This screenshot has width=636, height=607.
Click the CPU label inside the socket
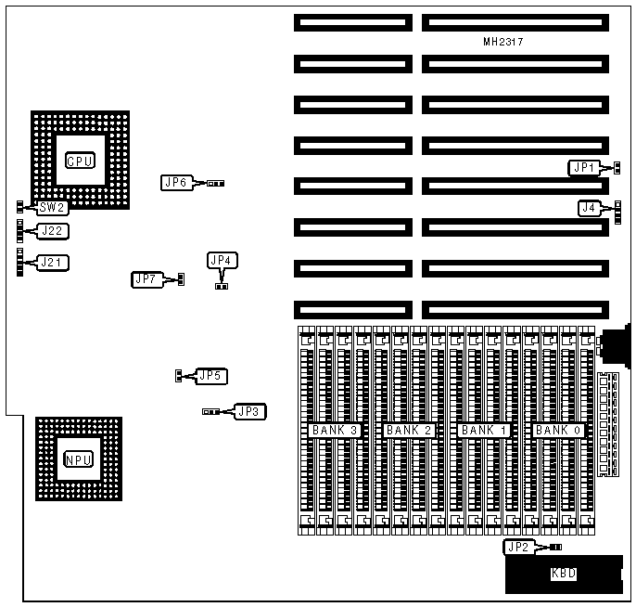[80, 161]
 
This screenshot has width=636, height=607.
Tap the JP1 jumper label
[583, 168]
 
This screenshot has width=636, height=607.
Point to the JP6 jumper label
[175, 183]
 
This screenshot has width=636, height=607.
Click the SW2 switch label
[52, 208]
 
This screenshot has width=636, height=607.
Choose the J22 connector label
[52, 230]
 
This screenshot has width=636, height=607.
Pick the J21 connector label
[52, 263]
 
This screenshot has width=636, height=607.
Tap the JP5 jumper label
[210, 376]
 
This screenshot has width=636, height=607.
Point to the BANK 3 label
[335, 431]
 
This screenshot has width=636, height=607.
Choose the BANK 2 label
[409, 431]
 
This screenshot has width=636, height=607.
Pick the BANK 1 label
[484, 431]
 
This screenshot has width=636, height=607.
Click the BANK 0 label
[558, 431]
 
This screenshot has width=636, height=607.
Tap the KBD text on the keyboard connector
[564, 574]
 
